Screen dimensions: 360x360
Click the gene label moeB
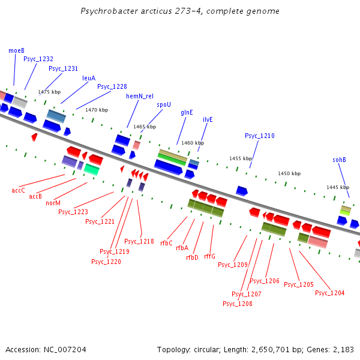pyautogui.click(x=16, y=51)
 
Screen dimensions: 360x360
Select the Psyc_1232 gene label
pyautogui.click(x=38, y=59)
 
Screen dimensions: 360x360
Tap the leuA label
pyautogui.click(x=89, y=78)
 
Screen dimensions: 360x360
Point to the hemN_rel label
pyautogui.click(x=139, y=96)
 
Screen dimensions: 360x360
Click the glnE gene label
pyautogui.click(x=187, y=112)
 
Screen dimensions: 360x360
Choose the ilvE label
pyautogui.click(x=208, y=119)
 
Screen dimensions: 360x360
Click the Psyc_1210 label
pyautogui.click(x=259, y=136)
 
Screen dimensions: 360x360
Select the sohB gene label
pyautogui.click(x=339, y=160)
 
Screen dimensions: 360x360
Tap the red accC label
pyautogui.click(x=19, y=190)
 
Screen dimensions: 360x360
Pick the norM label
pyautogui.click(x=53, y=203)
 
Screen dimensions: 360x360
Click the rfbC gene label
pyautogui.click(x=166, y=243)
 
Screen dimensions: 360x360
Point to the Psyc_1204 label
pyautogui.click(x=329, y=293)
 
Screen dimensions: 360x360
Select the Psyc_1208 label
pyautogui.click(x=237, y=304)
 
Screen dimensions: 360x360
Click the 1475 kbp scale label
pyautogui.click(x=49, y=92)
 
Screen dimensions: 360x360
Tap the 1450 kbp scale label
pyautogui.click(x=289, y=173)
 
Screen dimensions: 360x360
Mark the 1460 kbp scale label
pyautogui.click(x=192, y=143)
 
